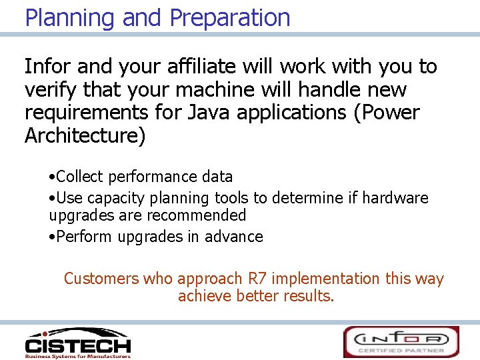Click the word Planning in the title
(70, 17)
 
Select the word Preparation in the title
(230, 17)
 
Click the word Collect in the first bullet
(80, 177)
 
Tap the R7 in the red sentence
(257, 279)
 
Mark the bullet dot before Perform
(52, 237)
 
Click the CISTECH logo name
(77, 345)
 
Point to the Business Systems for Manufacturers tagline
(77, 356)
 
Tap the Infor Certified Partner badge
(401, 341)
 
